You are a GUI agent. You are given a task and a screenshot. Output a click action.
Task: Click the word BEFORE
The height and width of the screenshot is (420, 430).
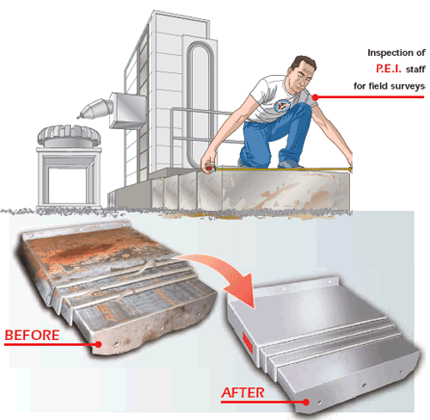click(32, 334)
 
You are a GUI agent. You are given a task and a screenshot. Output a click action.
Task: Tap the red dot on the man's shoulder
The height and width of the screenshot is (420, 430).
click(316, 96)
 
